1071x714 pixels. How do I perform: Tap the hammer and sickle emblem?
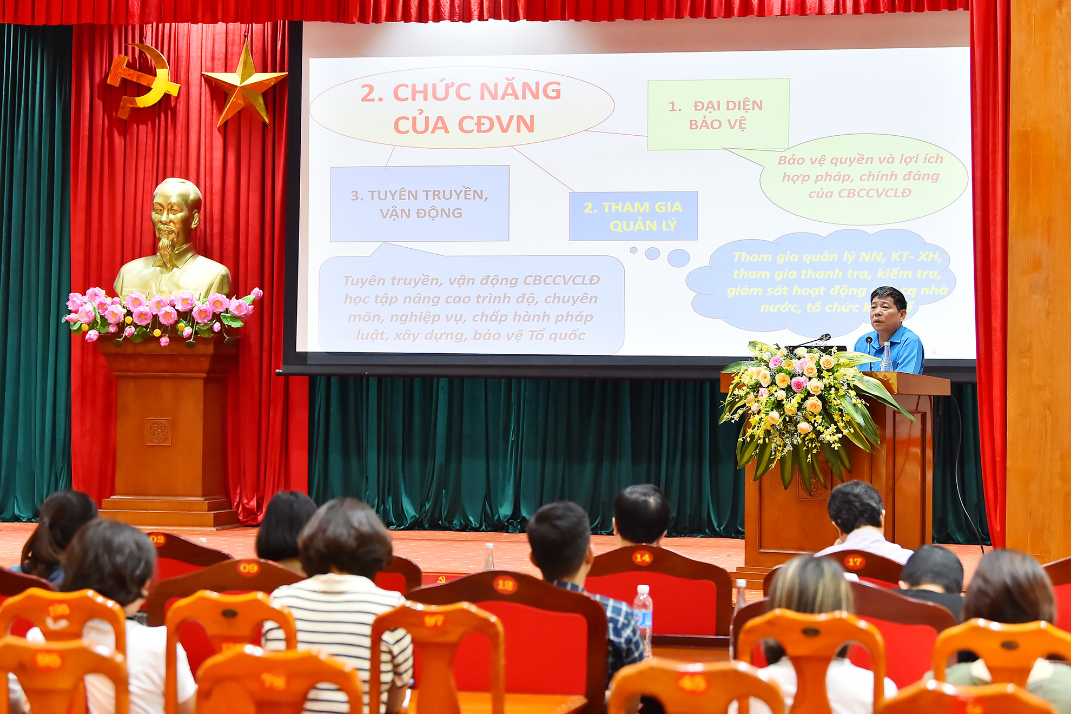pos(142,79)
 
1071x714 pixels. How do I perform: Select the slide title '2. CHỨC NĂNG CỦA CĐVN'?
pos(461,108)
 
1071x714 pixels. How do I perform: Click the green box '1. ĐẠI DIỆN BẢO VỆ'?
pos(718,114)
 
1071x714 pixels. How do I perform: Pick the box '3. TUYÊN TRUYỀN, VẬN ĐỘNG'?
pos(420,203)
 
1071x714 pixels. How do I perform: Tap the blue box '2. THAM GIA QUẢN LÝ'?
pos(633,216)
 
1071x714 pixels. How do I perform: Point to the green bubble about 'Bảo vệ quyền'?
pos(862,177)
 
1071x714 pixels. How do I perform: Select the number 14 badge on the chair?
pos(642,558)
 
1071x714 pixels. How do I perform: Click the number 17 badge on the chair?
pos(855,561)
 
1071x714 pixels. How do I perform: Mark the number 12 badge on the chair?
pos(505,585)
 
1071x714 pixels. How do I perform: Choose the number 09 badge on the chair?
pos(248,567)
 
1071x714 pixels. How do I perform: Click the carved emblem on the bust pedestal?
pos(159,432)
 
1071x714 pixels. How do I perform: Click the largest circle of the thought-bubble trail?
pos(678,258)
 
